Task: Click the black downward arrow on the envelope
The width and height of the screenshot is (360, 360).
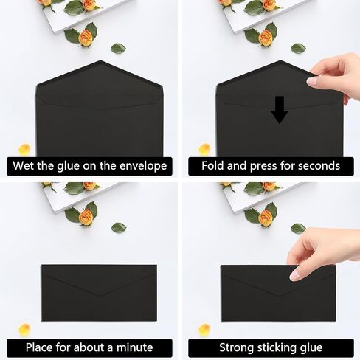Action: click(280, 110)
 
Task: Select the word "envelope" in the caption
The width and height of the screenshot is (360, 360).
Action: click(143, 166)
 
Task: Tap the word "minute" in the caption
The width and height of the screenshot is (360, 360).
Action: click(134, 347)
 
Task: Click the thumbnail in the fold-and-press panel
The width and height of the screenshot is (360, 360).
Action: click(312, 81)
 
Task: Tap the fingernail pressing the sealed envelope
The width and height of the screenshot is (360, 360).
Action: click(294, 276)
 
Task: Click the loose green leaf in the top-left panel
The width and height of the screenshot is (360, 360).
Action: click(118, 48)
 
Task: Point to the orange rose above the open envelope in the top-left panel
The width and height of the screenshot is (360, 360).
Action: click(86, 38)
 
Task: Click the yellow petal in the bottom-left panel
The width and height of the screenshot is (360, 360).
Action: click(24, 330)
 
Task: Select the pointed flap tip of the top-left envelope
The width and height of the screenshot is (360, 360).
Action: click(100, 60)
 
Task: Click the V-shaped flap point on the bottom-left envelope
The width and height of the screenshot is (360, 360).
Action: click(100, 295)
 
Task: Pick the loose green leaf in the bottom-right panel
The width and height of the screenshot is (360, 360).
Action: click(298, 229)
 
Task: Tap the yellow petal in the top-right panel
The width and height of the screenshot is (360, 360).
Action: click(204, 149)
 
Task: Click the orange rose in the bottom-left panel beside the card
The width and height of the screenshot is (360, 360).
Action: click(86, 218)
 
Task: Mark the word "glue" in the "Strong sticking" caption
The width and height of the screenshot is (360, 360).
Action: click(311, 348)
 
